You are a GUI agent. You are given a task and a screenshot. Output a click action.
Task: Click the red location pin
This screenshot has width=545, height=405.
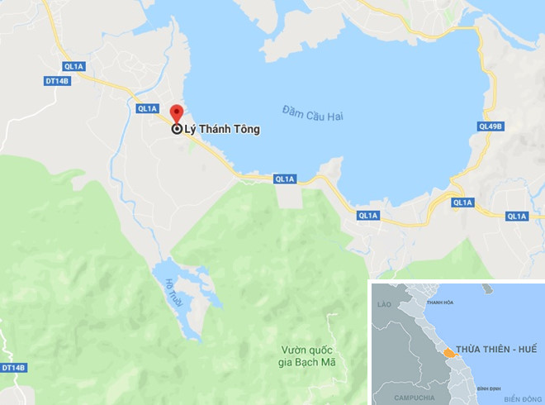point(176,114)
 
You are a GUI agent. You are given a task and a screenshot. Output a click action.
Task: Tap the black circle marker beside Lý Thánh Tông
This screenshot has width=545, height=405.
point(177,129)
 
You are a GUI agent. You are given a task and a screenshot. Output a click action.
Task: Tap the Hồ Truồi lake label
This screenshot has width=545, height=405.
point(172,293)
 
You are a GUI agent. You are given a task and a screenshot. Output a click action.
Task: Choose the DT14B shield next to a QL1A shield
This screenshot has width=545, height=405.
point(54,79)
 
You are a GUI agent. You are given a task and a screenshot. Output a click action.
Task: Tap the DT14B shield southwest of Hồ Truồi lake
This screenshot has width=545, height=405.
point(14,367)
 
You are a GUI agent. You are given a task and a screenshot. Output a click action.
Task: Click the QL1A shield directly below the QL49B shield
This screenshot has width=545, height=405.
point(463,202)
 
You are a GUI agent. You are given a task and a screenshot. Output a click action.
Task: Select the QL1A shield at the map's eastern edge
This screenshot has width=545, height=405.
point(517,216)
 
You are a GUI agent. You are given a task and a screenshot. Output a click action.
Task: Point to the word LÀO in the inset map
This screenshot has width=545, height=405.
point(383,304)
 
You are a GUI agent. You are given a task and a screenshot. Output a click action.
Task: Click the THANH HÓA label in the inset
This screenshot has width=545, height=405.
point(438,303)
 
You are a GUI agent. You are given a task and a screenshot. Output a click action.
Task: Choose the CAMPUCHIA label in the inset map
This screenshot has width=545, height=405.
point(415,396)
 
